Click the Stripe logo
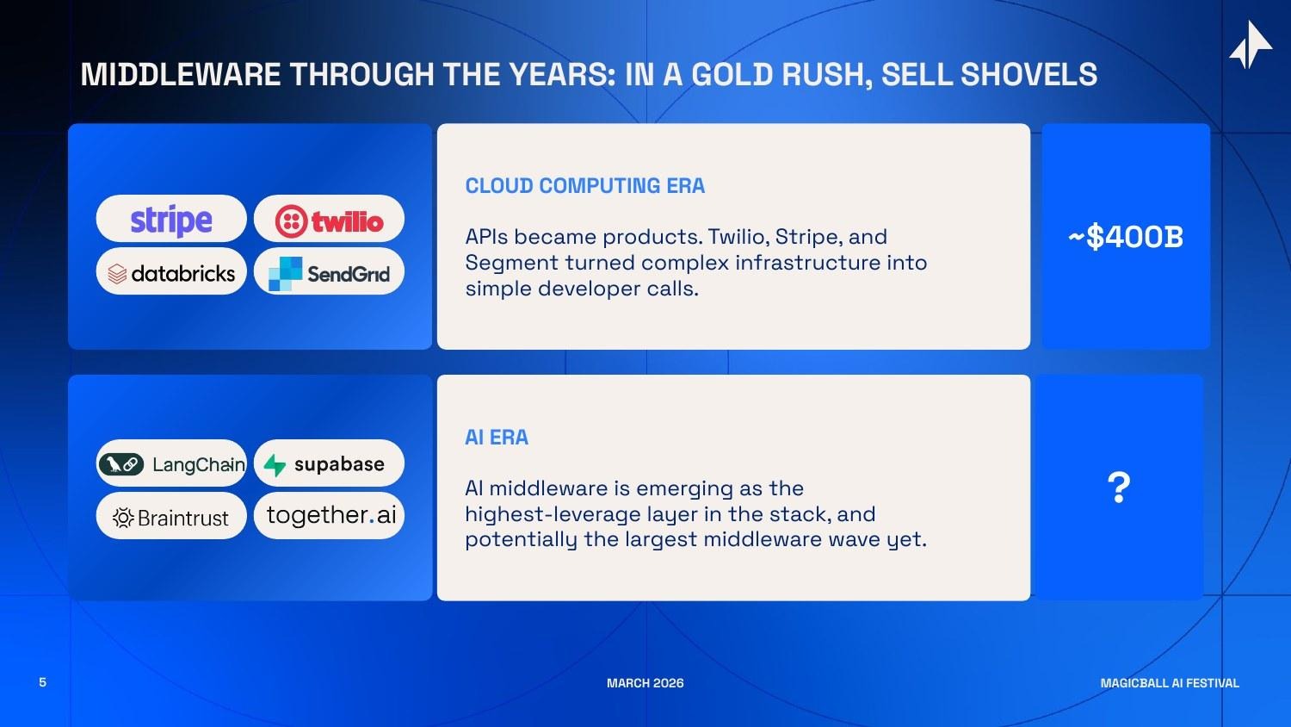171,220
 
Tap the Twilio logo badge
329,221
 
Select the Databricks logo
171,273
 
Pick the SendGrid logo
329,273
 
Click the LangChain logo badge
171,464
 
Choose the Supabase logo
329,464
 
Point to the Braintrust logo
171,517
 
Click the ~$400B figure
1126,237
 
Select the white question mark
1118,488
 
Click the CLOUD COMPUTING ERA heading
584,186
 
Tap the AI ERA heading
497,438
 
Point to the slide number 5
42,682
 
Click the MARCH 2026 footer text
645,683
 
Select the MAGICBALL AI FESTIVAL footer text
1169,683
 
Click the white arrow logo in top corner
1251,45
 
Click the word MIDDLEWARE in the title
181,75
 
